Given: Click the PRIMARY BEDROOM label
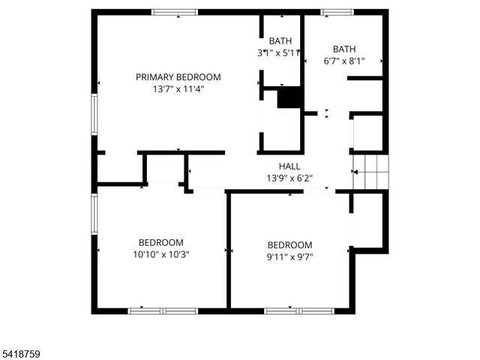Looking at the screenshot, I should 178,76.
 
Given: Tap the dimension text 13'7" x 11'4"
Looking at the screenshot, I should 178,88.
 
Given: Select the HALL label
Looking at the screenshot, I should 289,166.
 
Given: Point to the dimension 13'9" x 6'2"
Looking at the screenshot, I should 289,178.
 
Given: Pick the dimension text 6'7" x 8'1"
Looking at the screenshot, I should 344,61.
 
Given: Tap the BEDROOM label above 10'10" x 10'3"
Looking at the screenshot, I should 160,242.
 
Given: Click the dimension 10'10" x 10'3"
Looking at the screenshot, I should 160,254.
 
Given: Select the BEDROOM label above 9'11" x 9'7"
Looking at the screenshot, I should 289,245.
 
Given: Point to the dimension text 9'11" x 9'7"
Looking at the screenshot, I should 289,257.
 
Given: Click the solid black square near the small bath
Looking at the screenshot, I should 288,98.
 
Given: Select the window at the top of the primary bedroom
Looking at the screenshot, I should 175,12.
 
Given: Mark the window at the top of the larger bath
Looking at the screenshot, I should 337,12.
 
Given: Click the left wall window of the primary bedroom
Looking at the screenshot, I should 95,115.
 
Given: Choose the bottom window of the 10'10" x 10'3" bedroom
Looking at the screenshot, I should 163,310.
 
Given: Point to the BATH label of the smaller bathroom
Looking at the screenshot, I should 280,41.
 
